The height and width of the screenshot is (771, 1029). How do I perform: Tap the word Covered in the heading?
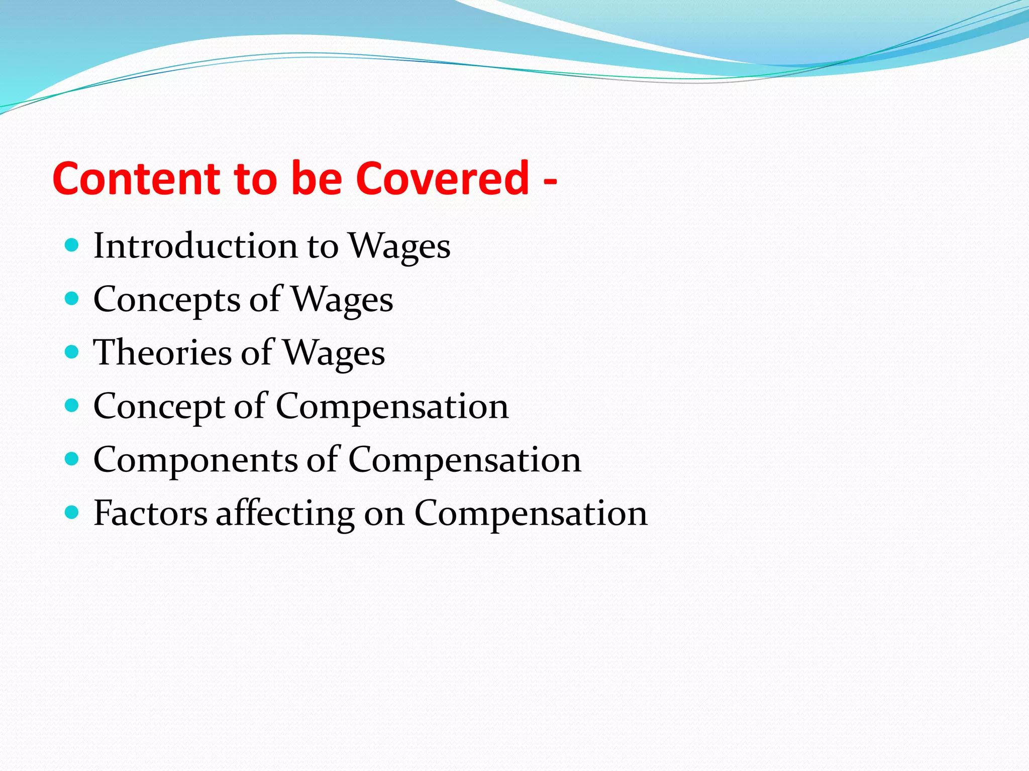(443, 179)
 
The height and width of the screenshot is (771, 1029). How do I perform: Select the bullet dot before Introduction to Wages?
(72, 245)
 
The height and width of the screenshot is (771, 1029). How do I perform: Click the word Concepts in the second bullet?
(167, 300)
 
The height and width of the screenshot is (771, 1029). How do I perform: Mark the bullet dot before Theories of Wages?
(72, 352)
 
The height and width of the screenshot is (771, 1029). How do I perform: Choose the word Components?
(195, 460)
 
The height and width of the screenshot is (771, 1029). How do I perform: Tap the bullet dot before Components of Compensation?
(72, 459)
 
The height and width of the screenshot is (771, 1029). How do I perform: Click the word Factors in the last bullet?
(150, 513)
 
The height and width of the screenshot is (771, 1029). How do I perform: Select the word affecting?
(285, 514)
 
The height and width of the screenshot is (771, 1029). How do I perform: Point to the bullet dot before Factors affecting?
(72, 512)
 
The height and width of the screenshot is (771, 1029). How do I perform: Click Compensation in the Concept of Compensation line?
(392, 407)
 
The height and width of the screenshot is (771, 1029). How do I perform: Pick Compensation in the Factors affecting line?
(531, 514)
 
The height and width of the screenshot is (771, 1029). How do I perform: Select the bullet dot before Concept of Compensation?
(72, 406)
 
